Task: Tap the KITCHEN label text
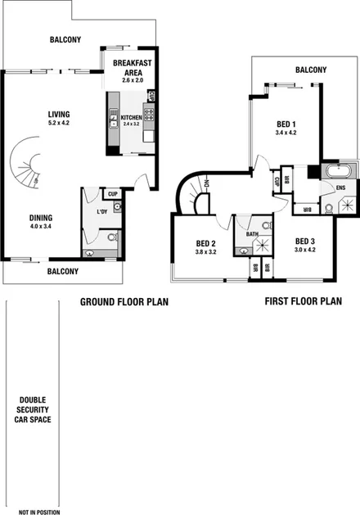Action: coord(132,118)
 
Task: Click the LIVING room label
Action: coord(58,114)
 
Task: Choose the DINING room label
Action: coord(41,218)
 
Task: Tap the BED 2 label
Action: coord(205,243)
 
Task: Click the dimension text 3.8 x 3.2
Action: coord(205,253)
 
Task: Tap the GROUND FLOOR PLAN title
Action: coord(124,302)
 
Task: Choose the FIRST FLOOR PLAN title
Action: coord(303,301)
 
